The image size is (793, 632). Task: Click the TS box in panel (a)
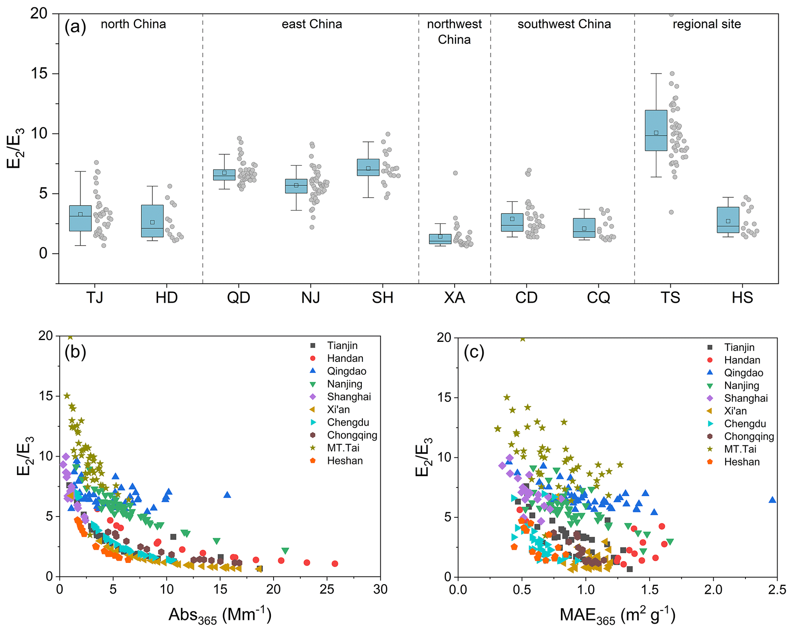(x=656, y=130)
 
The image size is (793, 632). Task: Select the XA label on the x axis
(x=454, y=297)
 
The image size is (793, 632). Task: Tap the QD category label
(x=238, y=297)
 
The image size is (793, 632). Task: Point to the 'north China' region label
(x=133, y=24)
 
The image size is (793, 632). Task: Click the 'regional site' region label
(x=707, y=24)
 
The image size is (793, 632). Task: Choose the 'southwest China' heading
(x=564, y=24)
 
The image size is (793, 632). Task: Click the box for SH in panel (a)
(x=368, y=167)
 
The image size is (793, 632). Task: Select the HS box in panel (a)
(x=728, y=220)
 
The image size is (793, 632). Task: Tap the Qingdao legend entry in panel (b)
(x=346, y=371)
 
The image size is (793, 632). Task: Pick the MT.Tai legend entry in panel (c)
(x=740, y=449)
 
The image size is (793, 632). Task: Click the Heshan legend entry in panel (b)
(x=345, y=460)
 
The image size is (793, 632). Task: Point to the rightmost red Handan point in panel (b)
(x=335, y=564)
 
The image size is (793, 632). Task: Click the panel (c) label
(x=474, y=352)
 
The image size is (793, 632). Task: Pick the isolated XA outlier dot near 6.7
(x=455, y=173)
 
